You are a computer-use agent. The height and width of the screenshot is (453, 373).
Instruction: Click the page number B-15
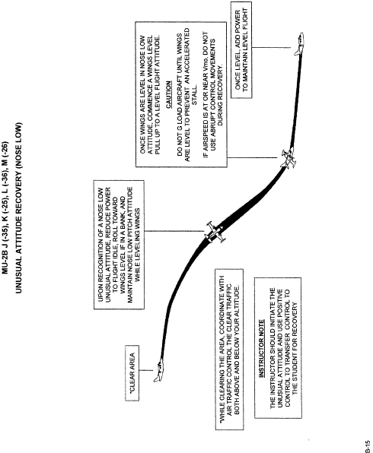coord(367,446)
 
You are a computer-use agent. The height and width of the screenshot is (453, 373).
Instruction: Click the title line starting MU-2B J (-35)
coord(6,207)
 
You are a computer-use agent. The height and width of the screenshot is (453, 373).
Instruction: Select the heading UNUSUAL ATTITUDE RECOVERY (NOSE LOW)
coord(19,208)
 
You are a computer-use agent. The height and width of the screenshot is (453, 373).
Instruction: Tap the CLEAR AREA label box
coord(132,373)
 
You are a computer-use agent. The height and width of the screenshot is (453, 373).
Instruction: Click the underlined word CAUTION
coord(168,95)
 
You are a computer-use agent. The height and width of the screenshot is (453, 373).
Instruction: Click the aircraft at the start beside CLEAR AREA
coord(159,372)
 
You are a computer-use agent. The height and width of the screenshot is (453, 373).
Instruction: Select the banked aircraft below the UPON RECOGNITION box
coord(214,233)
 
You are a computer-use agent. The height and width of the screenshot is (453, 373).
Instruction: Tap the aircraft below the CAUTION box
coord(289,158)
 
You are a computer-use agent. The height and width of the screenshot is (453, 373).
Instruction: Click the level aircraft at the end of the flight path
coord(299,43)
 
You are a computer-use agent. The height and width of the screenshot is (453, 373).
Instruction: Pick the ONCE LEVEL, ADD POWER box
coord(241,49)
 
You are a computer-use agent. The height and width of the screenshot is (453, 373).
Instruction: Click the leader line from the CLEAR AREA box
coord(146,370)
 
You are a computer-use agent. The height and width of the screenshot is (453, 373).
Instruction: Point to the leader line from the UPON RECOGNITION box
coord(174,231)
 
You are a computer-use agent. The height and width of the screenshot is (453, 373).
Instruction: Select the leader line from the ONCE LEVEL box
coord(271,47)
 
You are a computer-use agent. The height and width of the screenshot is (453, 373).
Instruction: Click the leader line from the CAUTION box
coord(252,158)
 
